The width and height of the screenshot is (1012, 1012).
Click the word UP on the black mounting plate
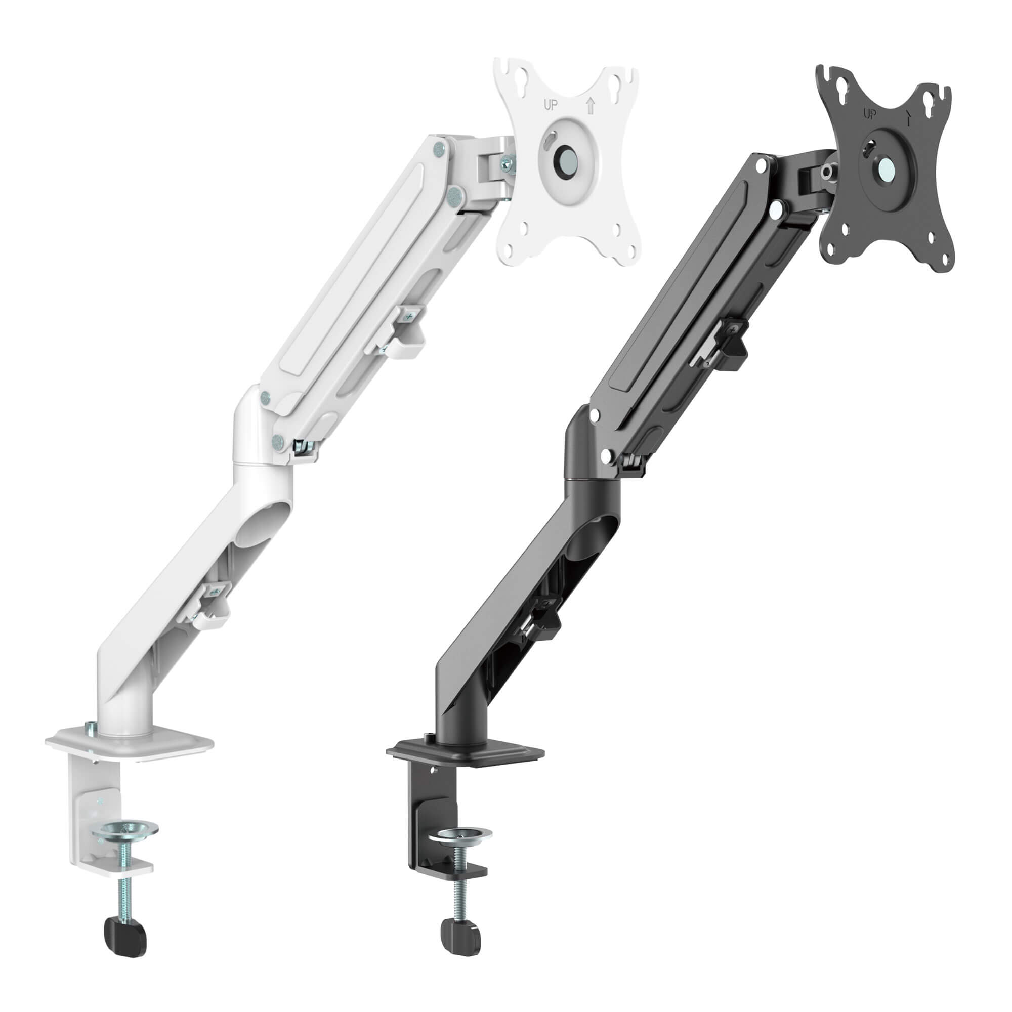868,115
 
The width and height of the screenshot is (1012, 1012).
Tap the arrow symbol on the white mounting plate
592,106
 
